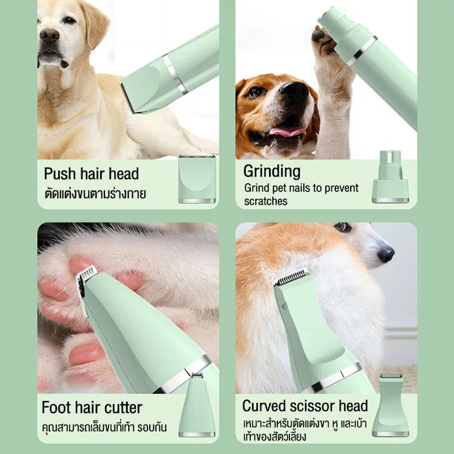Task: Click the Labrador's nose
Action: (x=49, y=35)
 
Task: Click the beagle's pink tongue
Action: (x=287, y=132)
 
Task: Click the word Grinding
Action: (x=272, y=172)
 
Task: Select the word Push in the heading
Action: (x=60, y=174)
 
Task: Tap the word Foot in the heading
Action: (x=56, y=407)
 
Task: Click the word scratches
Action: (x=266, y=201)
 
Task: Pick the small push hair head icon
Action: (x=197, y=179)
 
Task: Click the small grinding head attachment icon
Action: (x=390, y=176)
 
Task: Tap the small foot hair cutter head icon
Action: (x=197, y=405)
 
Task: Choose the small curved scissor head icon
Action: (x=390, y=405)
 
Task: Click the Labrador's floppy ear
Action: (x=95, y=24)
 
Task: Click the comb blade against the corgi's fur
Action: (x=291, y=277)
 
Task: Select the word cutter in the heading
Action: (x=123, y=407)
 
